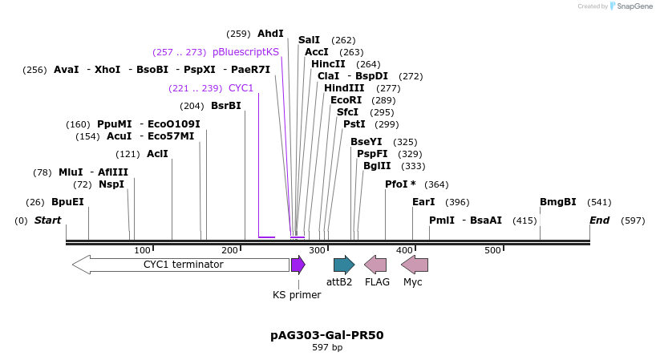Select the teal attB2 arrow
click(344, 265)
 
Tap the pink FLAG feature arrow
click(375, 265)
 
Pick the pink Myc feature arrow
click(415, 265)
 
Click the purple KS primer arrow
click(298, 265)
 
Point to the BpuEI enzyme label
click(67, 202)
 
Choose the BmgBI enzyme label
click(558, 202)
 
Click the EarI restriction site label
click(423, 202)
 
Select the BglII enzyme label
click(377, 166)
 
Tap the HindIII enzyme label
click(344, 88)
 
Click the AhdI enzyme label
click(270, 34)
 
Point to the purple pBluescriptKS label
click(245, 51)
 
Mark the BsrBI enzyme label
click(226, 106)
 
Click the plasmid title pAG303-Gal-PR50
click(327, 335)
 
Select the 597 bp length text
click(327, 348)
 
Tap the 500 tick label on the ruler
click(492, 250)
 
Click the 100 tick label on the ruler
click(143, 250)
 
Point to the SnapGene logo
click(631, 6)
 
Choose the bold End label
click(599, 220)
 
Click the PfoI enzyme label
click(400, 184)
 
